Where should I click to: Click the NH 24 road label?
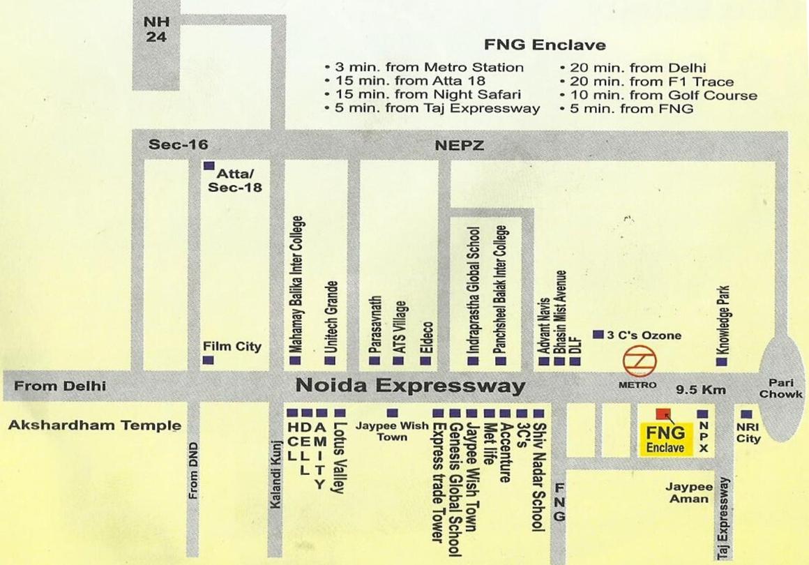click(x=157, y=29)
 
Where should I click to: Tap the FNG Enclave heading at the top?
click(x=545, y=45)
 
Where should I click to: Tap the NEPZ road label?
click(x=458, y=145)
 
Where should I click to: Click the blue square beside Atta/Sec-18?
click(x=208, y=167)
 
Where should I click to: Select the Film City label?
click(x=232, y=346)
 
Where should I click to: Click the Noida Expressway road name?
click(x=410, y=386)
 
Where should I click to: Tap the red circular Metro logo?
click(x=639, y=361)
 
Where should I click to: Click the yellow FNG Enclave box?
click(x=665, y=438)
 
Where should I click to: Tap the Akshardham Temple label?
click(x=95, y=425)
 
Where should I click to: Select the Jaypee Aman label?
click(x=689, y=492)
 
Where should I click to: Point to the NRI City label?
click(x=748, y=433)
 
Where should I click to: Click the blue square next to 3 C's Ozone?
click(x=598, y=335)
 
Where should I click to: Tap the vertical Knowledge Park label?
click(x=723, y=321)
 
